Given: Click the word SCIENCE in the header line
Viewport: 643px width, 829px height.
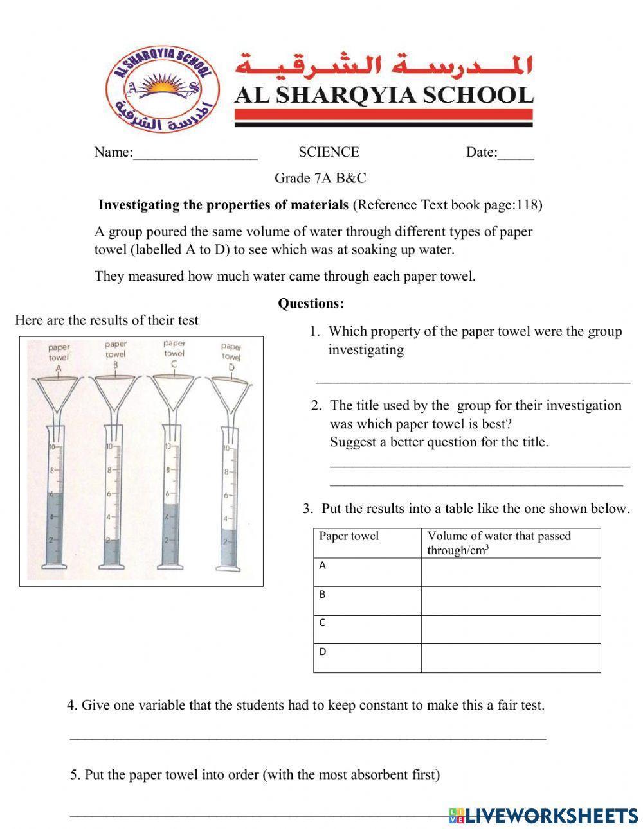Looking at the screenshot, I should pos(329,152).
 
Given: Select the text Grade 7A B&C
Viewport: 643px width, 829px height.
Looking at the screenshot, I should pos(320,178).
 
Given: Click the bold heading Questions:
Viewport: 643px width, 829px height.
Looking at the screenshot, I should pos(311,303).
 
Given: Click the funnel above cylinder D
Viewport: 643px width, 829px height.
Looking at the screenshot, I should pos(230,393).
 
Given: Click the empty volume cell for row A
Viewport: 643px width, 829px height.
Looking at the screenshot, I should pos(511,572).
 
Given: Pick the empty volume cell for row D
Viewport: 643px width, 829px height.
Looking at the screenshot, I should pos(511,658).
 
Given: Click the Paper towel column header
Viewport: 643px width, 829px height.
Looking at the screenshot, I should pos(349,536).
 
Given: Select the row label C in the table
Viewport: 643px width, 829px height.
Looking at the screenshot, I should pos(323,622).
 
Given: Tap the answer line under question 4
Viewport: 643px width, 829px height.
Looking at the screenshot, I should pos(307,738).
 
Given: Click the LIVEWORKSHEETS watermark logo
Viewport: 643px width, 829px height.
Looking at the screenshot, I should pos(543,816).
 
